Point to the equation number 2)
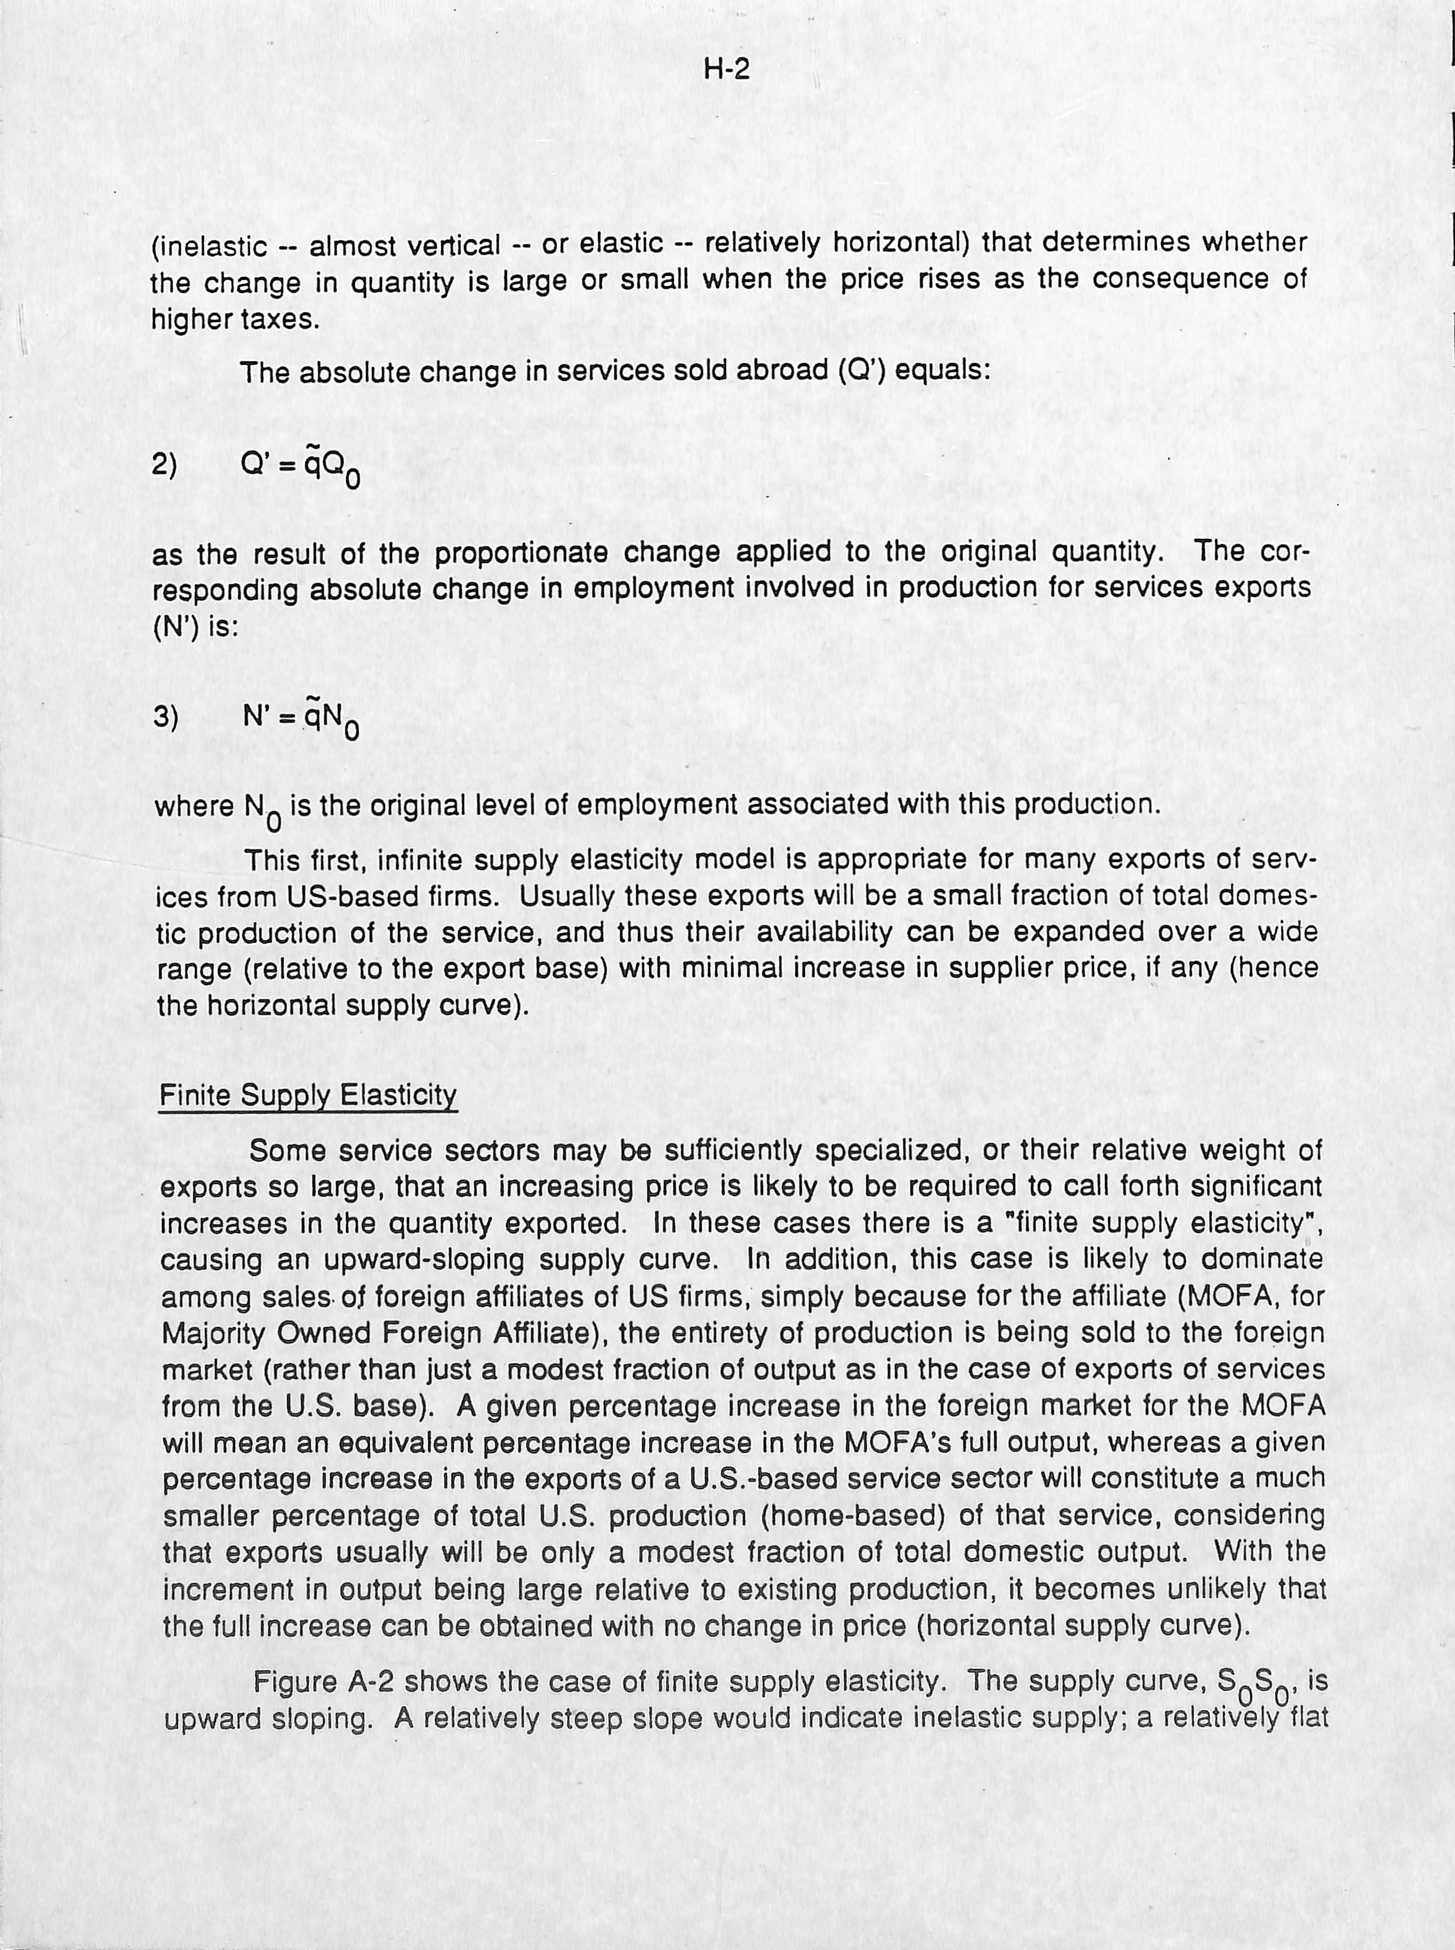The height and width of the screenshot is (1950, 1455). pos(165,464)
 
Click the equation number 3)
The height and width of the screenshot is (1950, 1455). pos(165,718)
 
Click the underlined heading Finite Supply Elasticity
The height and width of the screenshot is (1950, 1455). pos(307,1096)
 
